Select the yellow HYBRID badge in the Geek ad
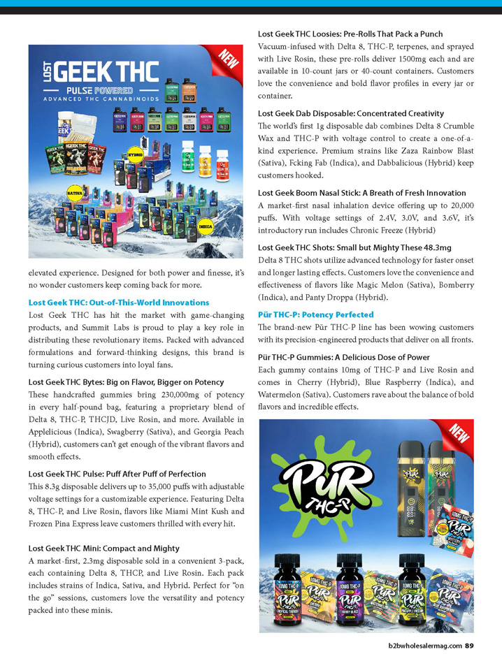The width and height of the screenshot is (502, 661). tap(136, 150)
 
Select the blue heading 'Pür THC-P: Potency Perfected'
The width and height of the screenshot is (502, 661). tap(316, 315)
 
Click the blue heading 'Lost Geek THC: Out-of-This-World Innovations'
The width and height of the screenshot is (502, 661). tap(119, 303)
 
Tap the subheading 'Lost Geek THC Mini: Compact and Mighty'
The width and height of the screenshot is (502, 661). tap(103, 549)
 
